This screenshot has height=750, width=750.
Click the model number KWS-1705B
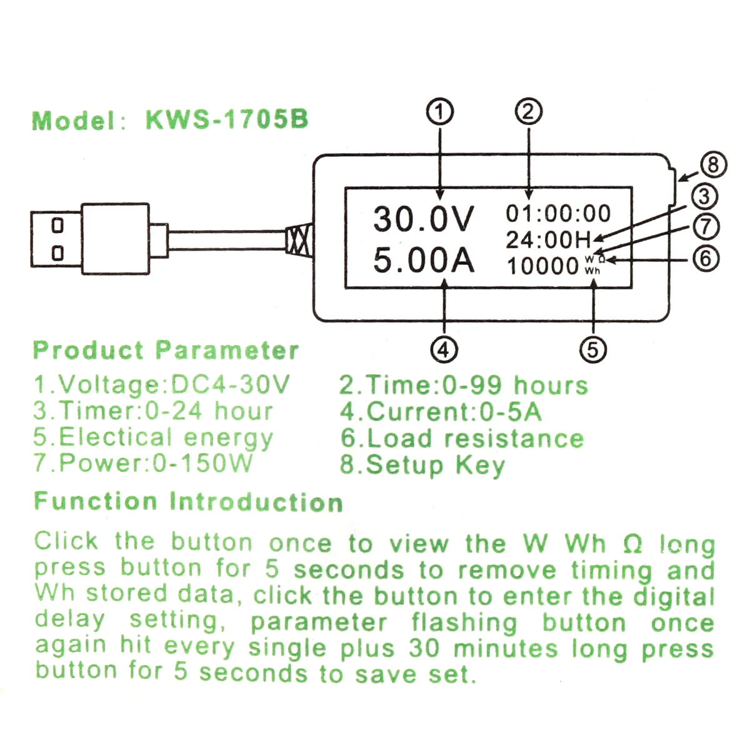227,119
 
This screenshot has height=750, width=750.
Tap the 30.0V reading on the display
424,219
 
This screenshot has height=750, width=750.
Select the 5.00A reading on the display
424,260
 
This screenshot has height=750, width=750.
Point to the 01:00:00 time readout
557,214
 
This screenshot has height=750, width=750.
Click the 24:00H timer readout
548,240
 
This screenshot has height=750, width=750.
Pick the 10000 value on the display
542,266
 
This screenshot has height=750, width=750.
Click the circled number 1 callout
441,112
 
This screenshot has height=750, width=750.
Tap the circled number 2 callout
529,112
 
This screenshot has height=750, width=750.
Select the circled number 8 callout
713,166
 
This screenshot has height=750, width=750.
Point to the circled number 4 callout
444,349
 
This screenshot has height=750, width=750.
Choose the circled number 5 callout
593,349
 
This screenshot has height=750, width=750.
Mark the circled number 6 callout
706,257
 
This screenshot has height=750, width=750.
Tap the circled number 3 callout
704,196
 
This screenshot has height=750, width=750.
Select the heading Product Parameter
166,350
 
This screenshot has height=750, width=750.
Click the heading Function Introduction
188,502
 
